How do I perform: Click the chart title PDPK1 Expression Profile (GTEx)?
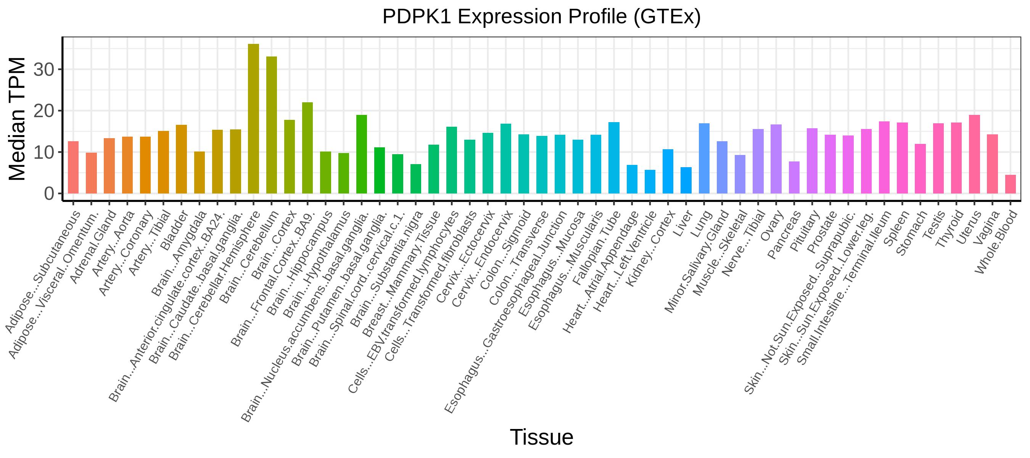point(541,17)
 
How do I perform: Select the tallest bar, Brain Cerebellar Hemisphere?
point(254,119)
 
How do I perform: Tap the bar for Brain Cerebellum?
point(272,125)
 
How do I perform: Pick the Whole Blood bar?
point(1011,184)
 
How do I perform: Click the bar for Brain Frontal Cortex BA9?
point(307,148)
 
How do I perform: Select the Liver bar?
point(686,181)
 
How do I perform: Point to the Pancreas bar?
point(794,177)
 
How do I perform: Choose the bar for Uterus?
point(974,155)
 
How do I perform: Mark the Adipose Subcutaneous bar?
point(73,168)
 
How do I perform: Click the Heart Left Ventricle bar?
point(650,182)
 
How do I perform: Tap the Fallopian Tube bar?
point(614,158)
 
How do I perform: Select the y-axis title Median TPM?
point(17,119)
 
